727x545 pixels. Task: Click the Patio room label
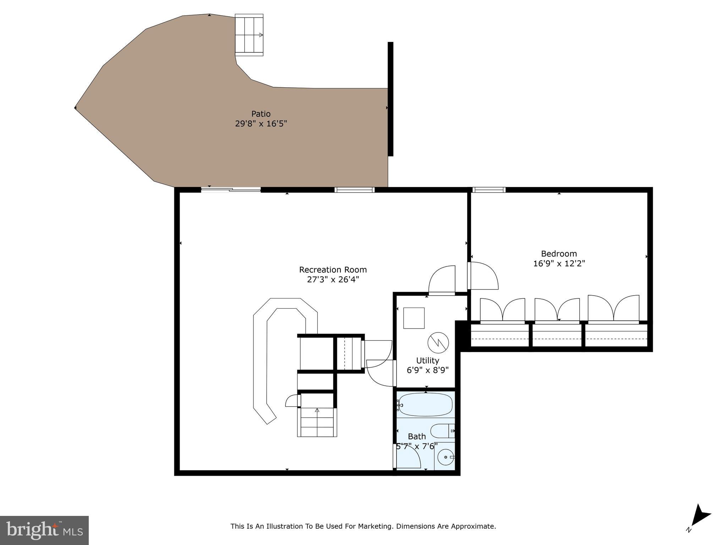pyautogui.click(x=261, y=114)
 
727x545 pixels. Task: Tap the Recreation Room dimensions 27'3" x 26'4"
pyautogui.click(x=333, y=280)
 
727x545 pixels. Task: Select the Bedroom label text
pyautogui.click(x=559, y=254)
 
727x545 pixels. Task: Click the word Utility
pyautogui.click(x=427, y=360)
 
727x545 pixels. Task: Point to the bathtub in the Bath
pyautogui.click(x=425, y=404)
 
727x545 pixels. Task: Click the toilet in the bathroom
pyautogui.click(x=442, y=431)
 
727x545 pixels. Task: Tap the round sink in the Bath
pyautogui.click(x=445, y=457)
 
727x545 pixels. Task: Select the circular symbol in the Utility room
pyautogui.click(x=438, y=342)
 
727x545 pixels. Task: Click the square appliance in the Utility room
pyautogui.click(x=414, y=318)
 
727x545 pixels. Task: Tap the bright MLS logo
pyautogui.click(x=44, y=530)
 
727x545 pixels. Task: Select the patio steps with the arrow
pyautogui.click(x=249, y=35)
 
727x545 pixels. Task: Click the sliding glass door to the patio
pyautogui.click(x=231, y=190)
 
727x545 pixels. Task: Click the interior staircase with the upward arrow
pyautogui.click(x=317, y=422)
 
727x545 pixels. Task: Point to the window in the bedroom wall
pyautogui.click(x=489, y=190)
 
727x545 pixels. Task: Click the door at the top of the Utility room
pyautogui.click(x=442, y=280)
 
